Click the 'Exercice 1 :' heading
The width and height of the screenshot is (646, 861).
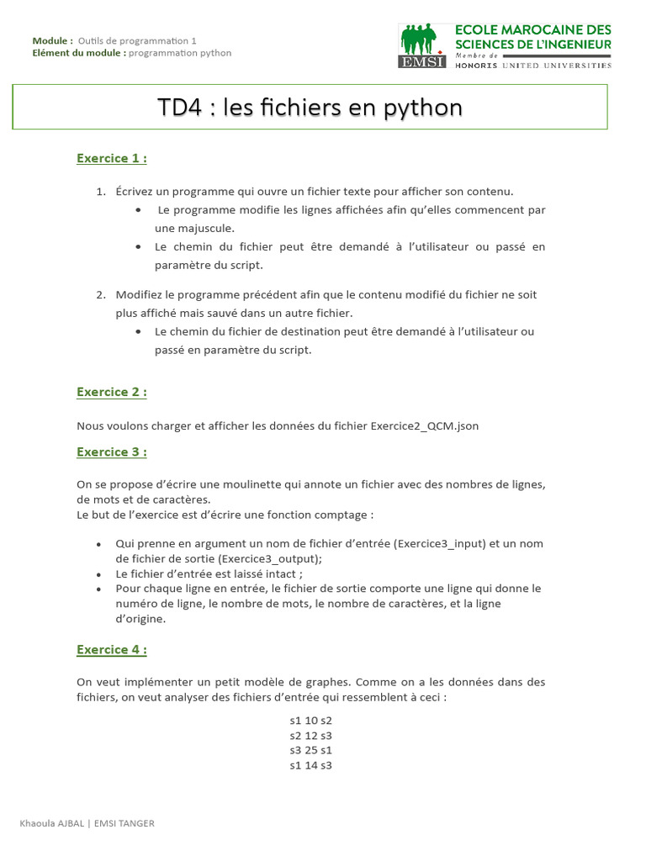112,158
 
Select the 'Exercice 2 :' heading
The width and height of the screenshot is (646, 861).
112,392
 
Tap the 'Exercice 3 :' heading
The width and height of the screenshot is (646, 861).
112,452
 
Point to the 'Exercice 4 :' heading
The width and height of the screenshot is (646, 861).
112,649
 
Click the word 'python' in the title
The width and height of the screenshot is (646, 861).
425,108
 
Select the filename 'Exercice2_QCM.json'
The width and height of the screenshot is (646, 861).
425,425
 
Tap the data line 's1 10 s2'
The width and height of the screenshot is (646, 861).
310,721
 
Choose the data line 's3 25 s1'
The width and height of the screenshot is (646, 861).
310,750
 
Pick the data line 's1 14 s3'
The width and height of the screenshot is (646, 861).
310,765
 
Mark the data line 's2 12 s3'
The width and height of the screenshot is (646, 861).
310,736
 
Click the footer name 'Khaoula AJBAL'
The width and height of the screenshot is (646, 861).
52,823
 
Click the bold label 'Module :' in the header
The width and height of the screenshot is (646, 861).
52,40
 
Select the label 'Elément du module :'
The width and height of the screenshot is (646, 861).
79,53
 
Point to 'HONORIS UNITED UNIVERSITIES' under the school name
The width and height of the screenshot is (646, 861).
533,65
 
